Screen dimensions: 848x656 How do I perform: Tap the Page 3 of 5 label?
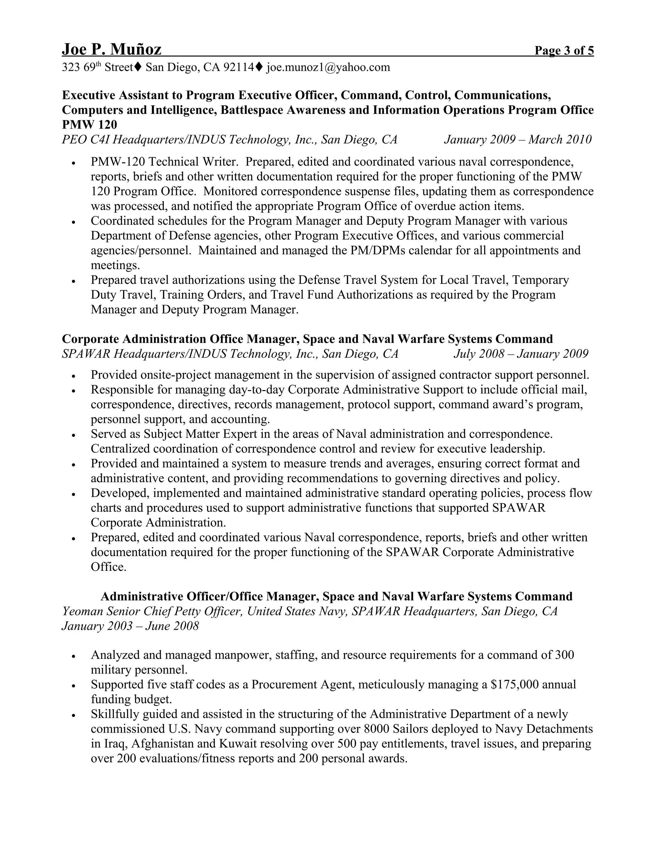pos(564,51)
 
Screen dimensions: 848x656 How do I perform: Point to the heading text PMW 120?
pos(89,124)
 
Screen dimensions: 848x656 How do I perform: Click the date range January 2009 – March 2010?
pos(518,140)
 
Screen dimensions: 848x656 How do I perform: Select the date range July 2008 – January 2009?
pos(521,354)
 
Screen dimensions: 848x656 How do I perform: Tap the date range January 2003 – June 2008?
pos(130,626)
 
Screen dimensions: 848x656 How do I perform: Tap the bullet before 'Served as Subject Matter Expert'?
pos(73,435)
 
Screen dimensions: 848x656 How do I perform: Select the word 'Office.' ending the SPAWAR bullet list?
pos(109,567)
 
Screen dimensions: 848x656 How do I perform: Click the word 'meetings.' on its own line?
pos(115,265)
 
